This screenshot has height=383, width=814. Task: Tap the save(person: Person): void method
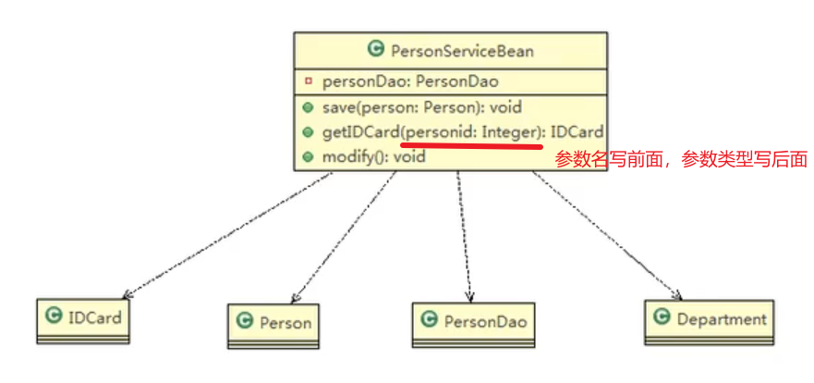click(x=421, y=108)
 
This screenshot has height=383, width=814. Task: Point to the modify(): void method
click(x=373, y=157)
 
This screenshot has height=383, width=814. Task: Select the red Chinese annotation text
click(x=681, y=159)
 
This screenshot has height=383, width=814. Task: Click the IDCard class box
click(x=83, y=319)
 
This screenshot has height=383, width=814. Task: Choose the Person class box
click(x=274, y=323)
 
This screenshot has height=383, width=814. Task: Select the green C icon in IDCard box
click(x=55, y=316)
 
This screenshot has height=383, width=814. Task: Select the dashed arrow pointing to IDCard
click(x=226, y=236)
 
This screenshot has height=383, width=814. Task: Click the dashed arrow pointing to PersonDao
click(x=463, y=236)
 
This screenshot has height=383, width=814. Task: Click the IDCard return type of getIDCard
click(x=578, y=133)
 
